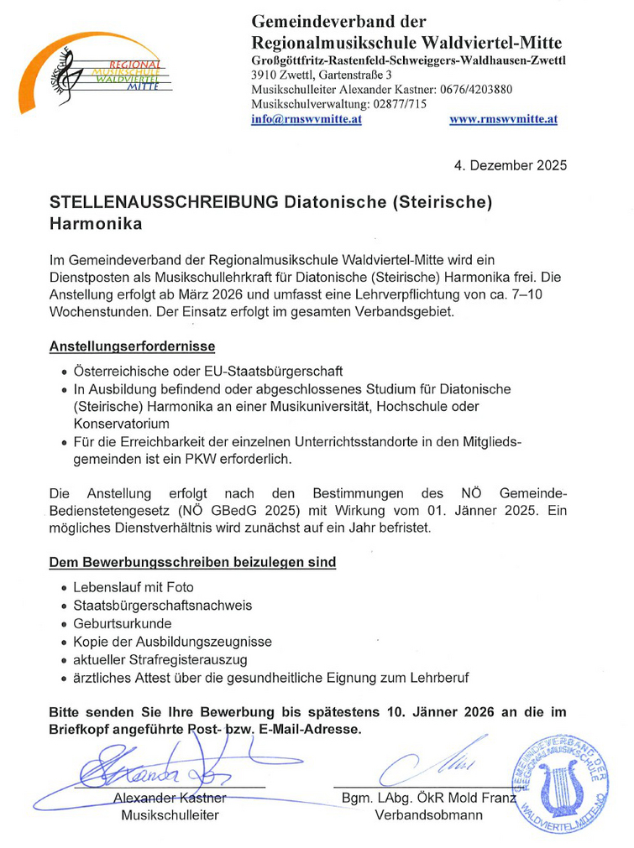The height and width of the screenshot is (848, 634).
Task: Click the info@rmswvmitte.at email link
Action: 307,120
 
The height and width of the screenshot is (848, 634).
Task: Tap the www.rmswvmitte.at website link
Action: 503,120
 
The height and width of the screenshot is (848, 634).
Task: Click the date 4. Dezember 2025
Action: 510,165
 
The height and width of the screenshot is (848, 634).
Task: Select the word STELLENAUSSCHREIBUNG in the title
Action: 164,202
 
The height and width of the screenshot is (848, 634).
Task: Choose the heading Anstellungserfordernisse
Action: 132,346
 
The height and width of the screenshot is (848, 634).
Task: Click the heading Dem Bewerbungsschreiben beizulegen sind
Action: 193,562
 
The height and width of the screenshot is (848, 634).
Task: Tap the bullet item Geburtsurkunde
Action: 123,623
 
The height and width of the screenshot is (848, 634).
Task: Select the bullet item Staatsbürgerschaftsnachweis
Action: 163,605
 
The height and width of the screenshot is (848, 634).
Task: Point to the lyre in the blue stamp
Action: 557,788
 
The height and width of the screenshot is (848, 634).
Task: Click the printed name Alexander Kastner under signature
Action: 170,798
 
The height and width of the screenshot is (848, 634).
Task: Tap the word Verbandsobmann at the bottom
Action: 429,815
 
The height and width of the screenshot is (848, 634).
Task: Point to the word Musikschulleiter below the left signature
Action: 170,815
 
